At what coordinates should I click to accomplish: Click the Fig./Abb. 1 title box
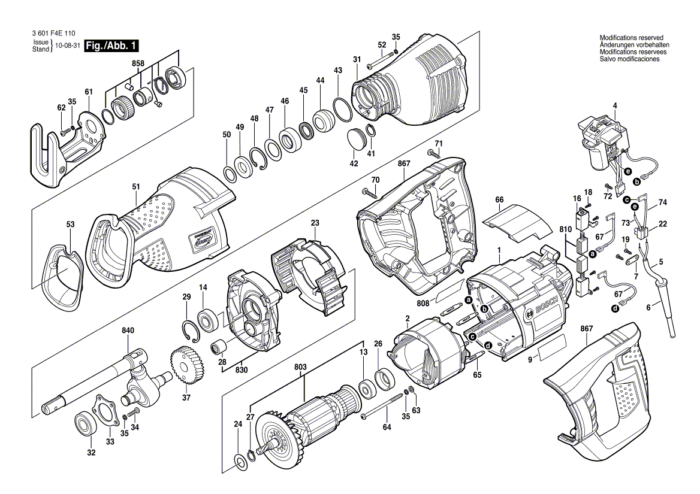[111, 46]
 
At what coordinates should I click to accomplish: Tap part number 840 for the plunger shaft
[128, 331]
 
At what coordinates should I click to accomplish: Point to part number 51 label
[136, 187]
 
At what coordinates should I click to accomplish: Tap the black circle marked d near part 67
[615, 307]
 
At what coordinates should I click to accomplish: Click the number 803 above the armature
[300, 367]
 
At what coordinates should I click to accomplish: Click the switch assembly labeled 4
[604, 143]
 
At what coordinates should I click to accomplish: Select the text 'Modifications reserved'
[631, 38]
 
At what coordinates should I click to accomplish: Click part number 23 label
[315, 223]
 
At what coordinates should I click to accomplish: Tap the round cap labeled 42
[357, 138]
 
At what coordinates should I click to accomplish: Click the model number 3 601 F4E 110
[53, 33]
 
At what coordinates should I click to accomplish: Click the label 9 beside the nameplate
[530, 359]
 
